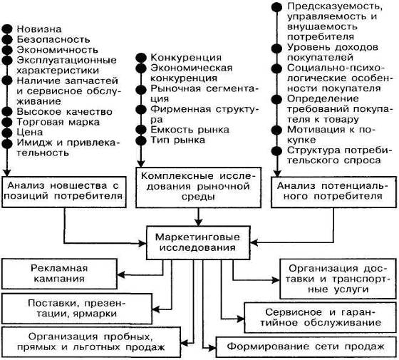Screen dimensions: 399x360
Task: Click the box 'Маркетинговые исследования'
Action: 198,242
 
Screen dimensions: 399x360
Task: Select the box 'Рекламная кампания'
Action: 59,274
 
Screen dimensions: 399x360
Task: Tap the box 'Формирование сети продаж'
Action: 306,346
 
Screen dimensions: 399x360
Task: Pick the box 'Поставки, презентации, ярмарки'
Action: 77,309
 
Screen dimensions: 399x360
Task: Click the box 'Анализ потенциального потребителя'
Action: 333,192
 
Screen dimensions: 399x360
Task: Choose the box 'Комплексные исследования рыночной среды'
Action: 198,187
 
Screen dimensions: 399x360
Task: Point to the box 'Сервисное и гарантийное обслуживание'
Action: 320,317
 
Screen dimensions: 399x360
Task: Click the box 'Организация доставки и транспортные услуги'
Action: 338,279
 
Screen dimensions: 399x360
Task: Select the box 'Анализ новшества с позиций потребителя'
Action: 64,192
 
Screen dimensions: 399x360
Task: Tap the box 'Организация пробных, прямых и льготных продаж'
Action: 91,342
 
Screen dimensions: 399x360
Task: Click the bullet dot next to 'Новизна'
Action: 7,29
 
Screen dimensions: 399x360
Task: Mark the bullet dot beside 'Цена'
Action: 7,133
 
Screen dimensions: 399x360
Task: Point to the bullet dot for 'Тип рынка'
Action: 141,140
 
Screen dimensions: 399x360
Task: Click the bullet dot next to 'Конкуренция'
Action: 141,58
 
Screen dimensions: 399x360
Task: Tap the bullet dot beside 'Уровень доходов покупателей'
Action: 277,48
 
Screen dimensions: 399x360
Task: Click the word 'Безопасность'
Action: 53,39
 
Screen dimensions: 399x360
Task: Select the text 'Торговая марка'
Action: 58,122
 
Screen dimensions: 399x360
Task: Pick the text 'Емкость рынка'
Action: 190,130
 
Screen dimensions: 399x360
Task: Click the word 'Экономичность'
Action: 57,50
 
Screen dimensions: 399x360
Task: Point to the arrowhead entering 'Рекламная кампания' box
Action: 120,275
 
